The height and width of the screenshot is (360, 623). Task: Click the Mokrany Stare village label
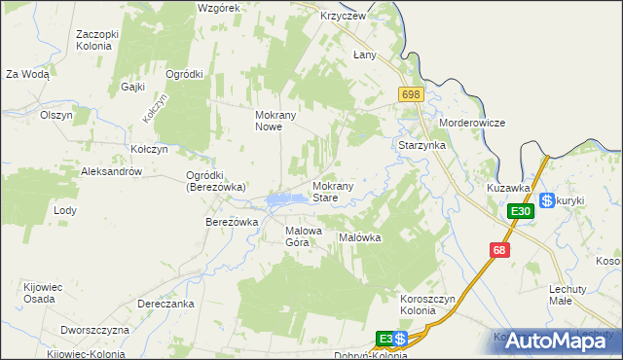(338, 191)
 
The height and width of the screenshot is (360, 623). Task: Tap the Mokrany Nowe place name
(275, 121)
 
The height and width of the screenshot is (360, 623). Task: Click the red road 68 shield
(499, 250)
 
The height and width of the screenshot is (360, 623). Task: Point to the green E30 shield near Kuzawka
(521, 211)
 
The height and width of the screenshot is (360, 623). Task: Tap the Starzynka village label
(422, 144)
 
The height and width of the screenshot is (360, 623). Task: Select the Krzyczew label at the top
(343, 17)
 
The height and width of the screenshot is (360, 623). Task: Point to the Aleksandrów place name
(112, 171)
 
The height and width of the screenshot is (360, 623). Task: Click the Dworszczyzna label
(94, 330)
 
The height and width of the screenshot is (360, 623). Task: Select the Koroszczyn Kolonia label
(430, 304)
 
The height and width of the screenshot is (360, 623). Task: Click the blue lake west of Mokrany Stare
(281, 199)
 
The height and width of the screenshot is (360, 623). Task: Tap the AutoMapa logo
(565, 341)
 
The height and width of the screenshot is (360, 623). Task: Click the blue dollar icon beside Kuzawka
(547, 199)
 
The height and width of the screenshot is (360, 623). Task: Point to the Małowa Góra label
(303, 236)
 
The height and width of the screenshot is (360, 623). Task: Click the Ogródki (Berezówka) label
(214, 181)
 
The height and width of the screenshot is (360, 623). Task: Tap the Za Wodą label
(27, 74)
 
